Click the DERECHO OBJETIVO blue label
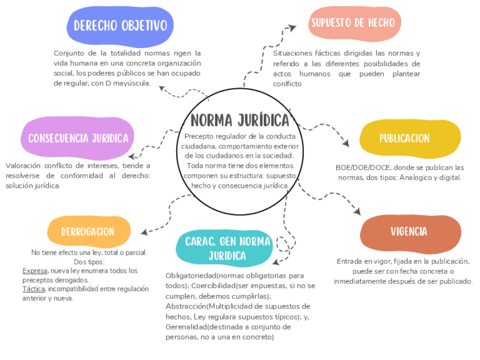pos(120,26)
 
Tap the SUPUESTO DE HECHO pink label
pos(355,23)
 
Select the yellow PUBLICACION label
pos(404,138)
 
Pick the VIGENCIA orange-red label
pos(409,232)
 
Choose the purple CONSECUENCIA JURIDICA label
pos(78,138)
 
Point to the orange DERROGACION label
pos(88,232)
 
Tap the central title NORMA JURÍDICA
pos(240,121)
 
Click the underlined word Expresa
pos(35,271)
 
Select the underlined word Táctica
pos(33,289)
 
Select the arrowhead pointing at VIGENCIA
pos(356,212)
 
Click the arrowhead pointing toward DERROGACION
pos(144,232)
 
